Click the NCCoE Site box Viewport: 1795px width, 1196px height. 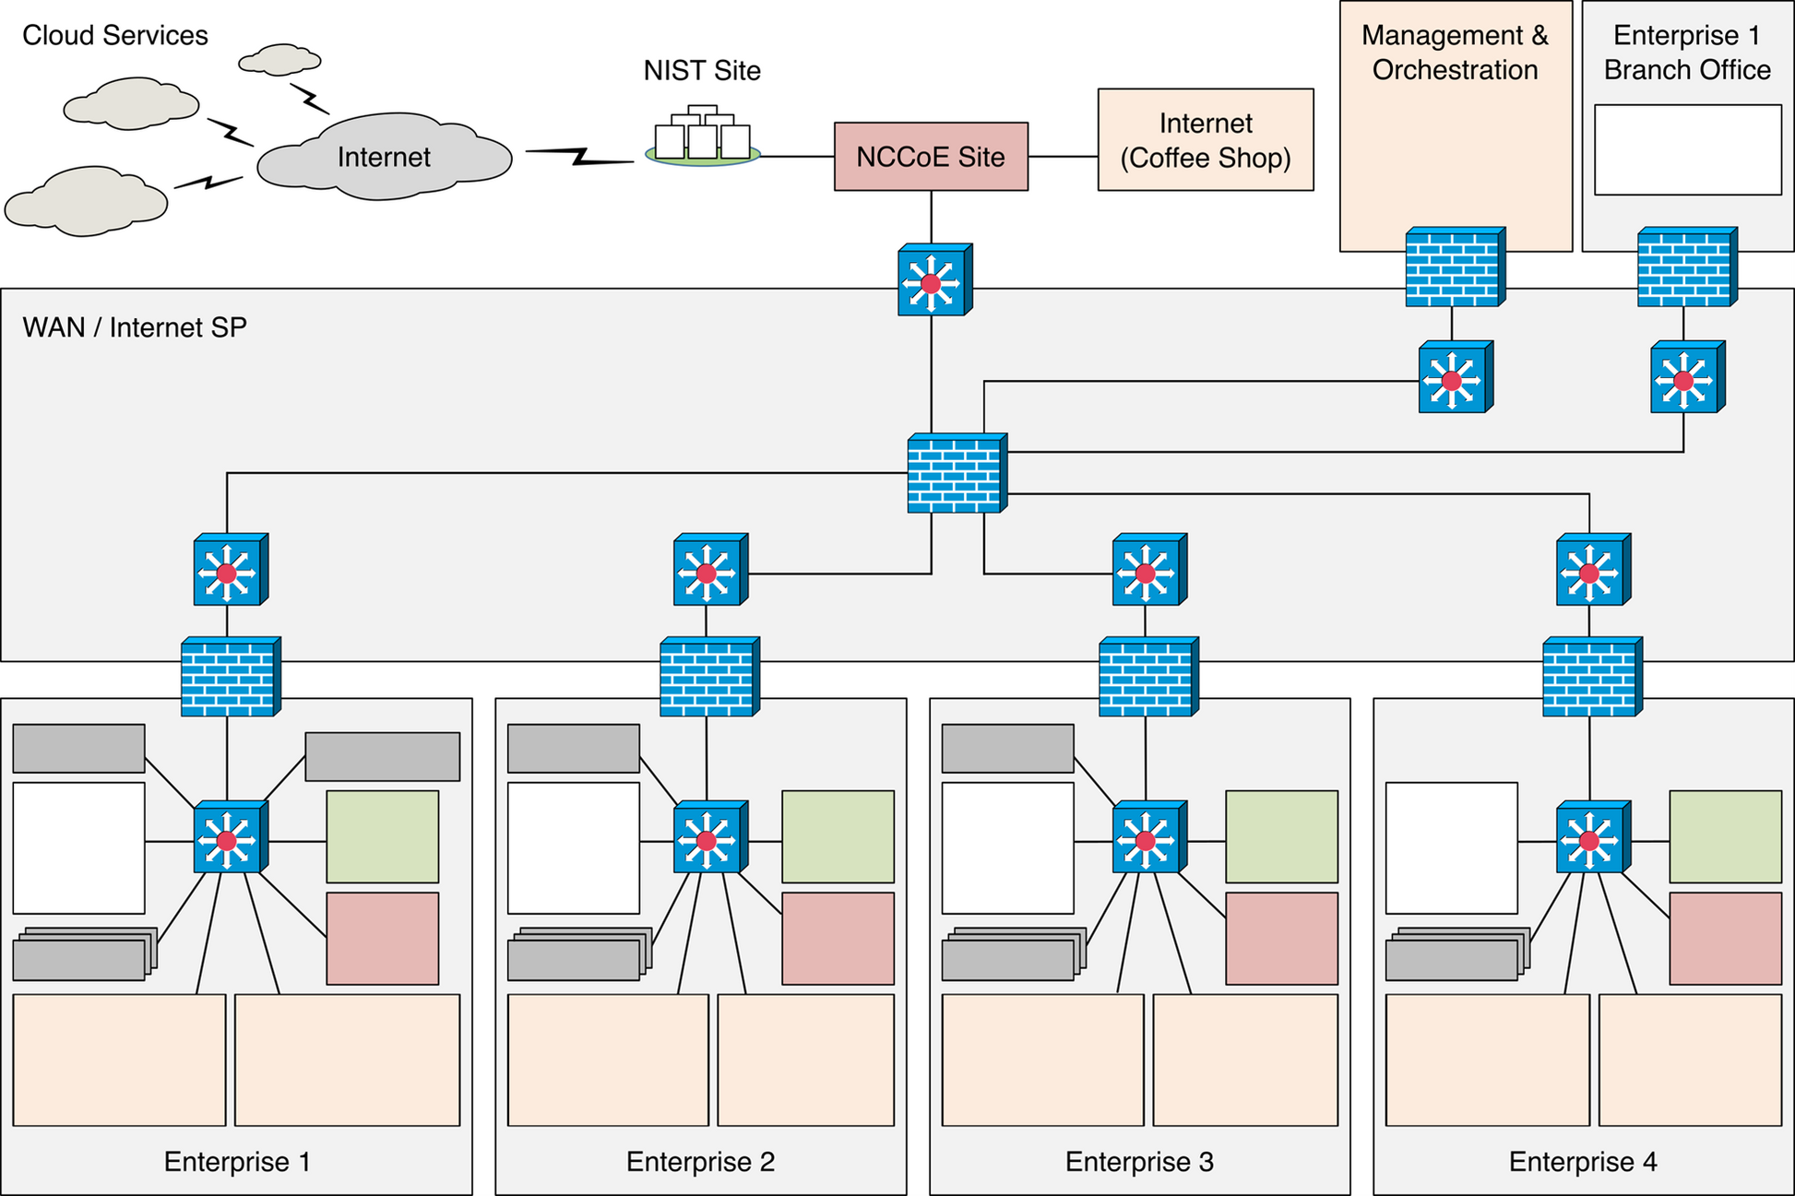pos(931,157)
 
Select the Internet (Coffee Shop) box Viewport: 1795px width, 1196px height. pos(1205,140)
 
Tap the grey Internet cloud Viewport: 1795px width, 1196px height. pos(384,157)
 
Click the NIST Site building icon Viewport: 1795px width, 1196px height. pos(703,136)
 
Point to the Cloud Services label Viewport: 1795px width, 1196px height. pos(115,36)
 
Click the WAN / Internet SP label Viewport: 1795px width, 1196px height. pos(135,328)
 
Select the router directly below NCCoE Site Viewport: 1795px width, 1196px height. pos(933,281)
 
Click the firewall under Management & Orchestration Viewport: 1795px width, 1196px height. pos(1454,267)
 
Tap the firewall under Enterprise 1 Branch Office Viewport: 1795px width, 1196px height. pos(1686,267)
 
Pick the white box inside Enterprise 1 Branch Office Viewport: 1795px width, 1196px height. pos(1687,149)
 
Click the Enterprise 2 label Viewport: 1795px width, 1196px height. pos(700,1162)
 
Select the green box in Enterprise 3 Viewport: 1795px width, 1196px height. pos(1281,836)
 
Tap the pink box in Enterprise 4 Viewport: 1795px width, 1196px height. pos(1725,938)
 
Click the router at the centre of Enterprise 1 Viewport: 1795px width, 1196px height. pos(229,838)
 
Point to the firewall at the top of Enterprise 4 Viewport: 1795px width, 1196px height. pos(1591,677)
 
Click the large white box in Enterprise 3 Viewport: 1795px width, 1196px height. pos(1007,847)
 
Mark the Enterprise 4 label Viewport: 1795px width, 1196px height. pos(1583,1162)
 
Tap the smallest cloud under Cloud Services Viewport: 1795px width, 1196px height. pos(279,60)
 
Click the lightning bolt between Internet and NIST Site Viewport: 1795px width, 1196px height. pos(579,156)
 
